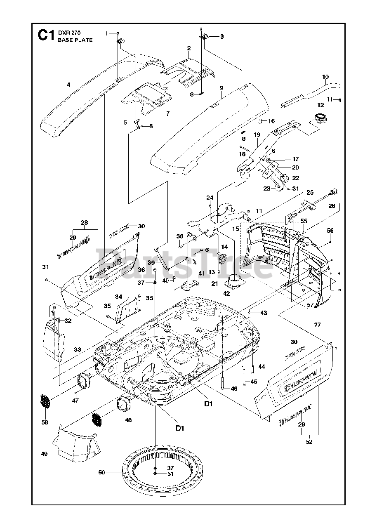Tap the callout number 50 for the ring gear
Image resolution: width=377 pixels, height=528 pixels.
pyautogui.click(x=101, y=473)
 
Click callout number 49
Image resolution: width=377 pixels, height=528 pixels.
pyautogui.click(x=45, y=454)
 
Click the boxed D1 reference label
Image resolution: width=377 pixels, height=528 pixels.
pyautogui.click(x=180, y=428)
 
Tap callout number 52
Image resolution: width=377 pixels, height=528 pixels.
pyautogui.click(x=309, y=442)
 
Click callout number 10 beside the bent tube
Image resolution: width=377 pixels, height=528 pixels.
pyautogui.click(x=325, y=77)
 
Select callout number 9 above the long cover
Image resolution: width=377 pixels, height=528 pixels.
pyautogui.click(x=221, y=88)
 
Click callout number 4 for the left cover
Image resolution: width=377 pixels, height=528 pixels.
pyautogui.click(x=68, y=85)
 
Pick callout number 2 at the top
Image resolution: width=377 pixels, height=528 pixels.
pyautogui.click(x=188, y=48)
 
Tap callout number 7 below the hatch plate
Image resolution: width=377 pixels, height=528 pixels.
pyautogui.click(x=168, y=113)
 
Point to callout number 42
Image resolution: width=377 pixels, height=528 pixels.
pyautogui.click(x=226, y=293)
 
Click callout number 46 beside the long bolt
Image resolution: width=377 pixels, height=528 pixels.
pyautogui.click(x=234, y=388)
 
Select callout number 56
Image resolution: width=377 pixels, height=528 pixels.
pyautogui.click(x=330, y=230)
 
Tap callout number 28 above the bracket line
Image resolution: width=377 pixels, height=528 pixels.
pyautogui.click(x=84, y=223)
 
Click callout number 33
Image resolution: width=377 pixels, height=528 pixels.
pyautogui.click(x=78, y=349)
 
